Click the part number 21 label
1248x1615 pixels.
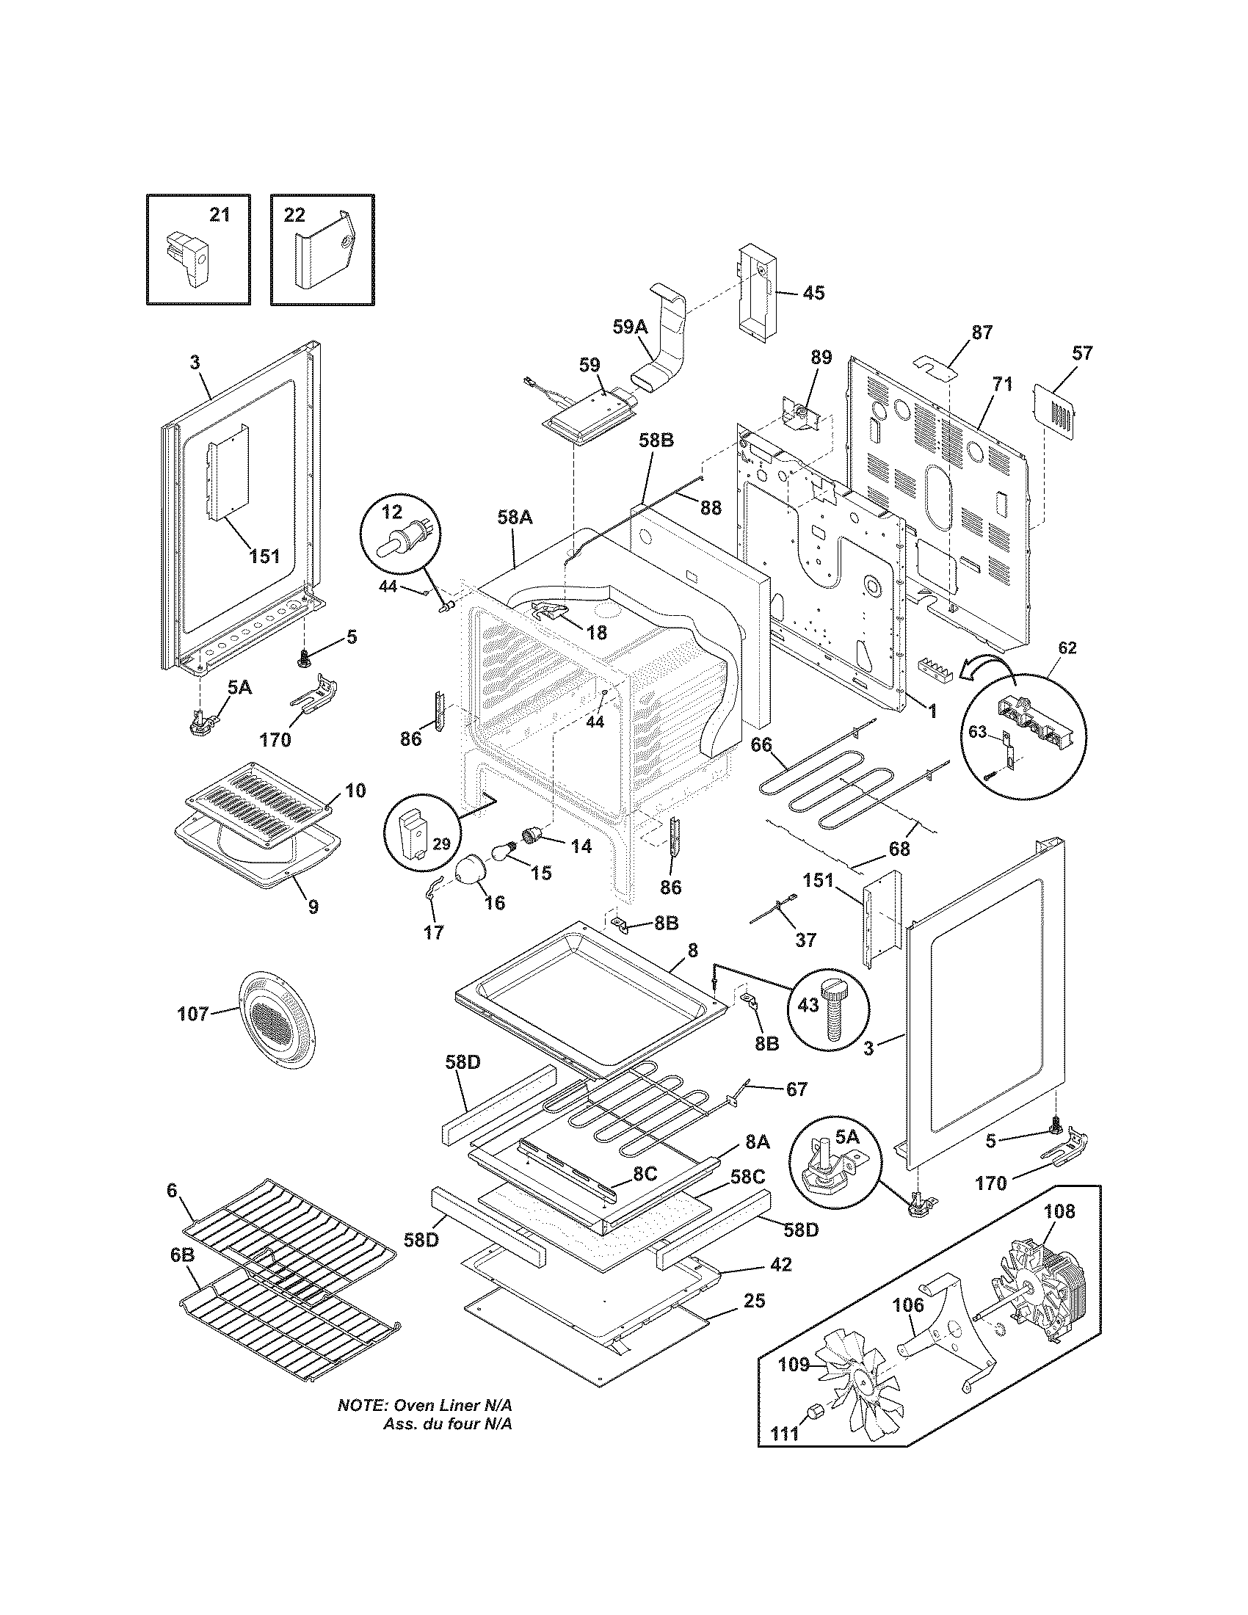click(220, 215)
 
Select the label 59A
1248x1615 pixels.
click(629, 327)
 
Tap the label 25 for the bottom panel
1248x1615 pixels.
click(755, 1300)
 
